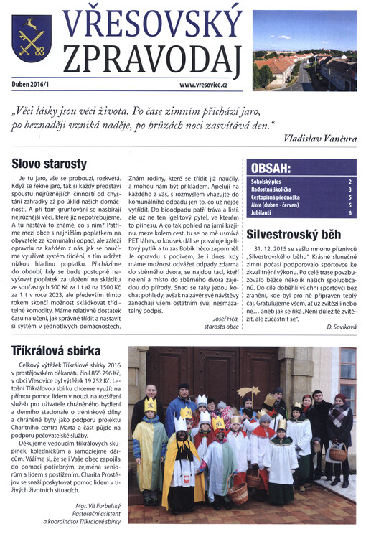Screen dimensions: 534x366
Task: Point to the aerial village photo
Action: pyautogui.click(x=304, y=50)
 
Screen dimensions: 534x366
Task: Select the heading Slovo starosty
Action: pyautogui.click(x=50, y=164)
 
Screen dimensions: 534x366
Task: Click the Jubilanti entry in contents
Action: pyautogui.click(x=263, y=212)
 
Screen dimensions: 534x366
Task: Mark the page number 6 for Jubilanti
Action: pyautogui.click(x=349, y=212)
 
